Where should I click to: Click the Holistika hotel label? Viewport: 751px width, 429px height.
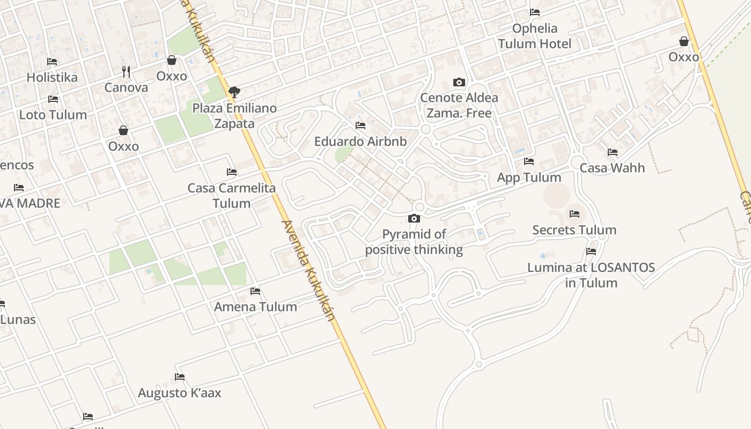[52, 77]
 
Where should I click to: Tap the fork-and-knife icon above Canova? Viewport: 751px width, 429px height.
[126, 71]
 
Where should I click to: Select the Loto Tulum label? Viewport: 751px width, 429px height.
[53, 115]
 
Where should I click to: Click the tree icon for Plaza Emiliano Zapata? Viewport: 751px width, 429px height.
[234, 92]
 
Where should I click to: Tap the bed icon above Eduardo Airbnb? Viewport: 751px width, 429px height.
[360, 125]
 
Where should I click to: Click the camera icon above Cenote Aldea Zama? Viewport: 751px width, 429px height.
[459, 82]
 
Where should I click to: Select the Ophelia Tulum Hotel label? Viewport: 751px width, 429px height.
[535, 36]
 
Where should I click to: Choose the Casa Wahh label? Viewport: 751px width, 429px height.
[612, 168]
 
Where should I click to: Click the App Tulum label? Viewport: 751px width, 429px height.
[529, 177]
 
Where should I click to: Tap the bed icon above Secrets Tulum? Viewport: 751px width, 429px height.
[575, 214]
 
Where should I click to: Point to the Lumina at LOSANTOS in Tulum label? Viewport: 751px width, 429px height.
[591, 275]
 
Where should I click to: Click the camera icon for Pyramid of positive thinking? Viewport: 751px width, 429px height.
[414, 218]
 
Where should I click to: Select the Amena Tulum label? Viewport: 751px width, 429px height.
[255, 307]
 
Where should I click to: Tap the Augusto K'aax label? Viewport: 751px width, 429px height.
[180, 393]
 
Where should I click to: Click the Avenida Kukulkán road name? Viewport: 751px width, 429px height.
[308, 271]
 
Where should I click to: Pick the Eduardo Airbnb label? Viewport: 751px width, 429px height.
[360, 142]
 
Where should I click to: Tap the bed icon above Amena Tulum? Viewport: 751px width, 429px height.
[255, 291]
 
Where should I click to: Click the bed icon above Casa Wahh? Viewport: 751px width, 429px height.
[613, 152]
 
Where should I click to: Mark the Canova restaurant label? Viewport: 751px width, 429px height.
[126, 87]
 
